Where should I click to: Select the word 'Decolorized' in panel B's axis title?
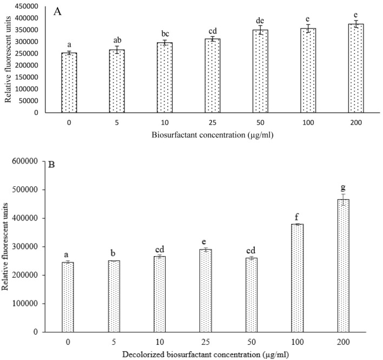[149, 354]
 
